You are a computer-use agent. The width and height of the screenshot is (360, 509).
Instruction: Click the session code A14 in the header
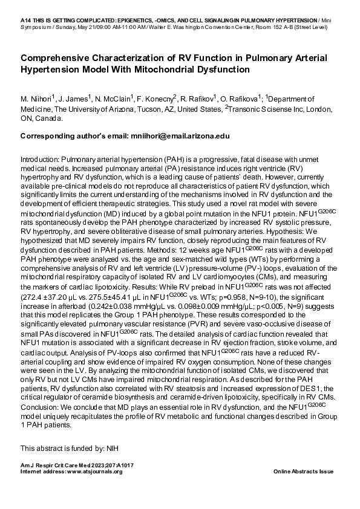[x=27, y=20]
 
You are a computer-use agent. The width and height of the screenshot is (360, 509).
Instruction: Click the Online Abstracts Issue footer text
[x=303, y=471]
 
